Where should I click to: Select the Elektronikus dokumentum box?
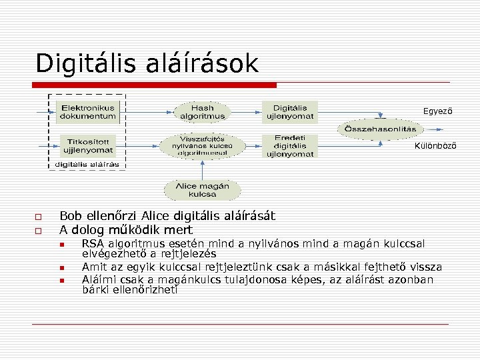[x=88, y=111]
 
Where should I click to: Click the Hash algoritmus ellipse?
[x=203, y=111]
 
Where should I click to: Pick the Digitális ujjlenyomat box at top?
[x=290, y=111]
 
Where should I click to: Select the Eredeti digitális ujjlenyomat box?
[x=290, y=146]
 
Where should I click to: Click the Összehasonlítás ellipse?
[x=380, y=129]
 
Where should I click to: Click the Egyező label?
[x=437, y=111]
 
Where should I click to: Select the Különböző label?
[x=435, y=146]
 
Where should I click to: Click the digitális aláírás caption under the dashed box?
[x=87, y=164]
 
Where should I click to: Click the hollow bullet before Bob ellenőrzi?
[x=38, y=217]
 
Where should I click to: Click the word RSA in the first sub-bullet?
[x=93, y=245]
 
